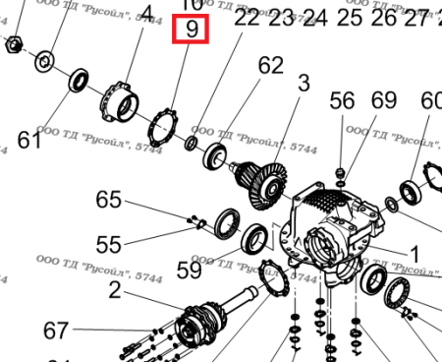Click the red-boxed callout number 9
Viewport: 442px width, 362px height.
click(193, 30)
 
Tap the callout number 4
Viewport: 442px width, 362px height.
click(147, 15)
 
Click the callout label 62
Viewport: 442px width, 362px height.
click(270, 66)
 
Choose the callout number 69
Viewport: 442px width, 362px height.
click(383, 101)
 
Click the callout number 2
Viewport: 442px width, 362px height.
click(115, 289)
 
